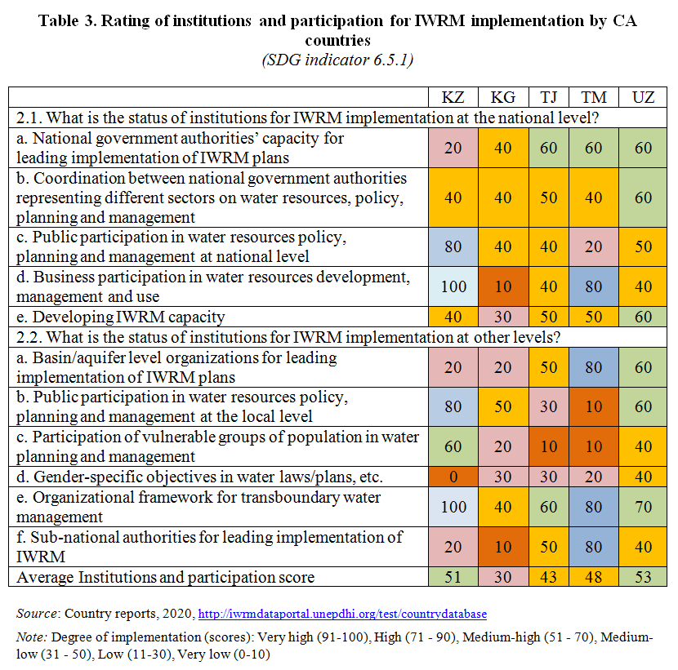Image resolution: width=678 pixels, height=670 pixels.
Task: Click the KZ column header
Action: pos(453,97)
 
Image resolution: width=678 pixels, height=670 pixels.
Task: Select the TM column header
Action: pos(594,97)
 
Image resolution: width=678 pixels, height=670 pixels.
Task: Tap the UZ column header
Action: pos(643,97)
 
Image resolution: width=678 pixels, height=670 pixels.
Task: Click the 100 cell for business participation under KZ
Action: pos(453,286)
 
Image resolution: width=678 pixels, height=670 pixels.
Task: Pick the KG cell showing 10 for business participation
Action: pos(502,286)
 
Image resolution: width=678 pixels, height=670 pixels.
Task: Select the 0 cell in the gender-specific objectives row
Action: pos(453,477)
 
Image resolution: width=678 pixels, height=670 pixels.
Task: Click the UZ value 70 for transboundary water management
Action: pos(643,507)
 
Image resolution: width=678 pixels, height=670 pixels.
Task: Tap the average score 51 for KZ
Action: pos(453,577)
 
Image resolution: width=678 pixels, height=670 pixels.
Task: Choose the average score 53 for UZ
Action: pos(643,577)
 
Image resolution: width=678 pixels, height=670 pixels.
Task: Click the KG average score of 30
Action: pos(502,577)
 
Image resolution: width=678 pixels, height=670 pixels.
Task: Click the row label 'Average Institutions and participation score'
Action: pos(166,577)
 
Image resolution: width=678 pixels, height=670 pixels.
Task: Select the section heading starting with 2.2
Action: pos(302,337)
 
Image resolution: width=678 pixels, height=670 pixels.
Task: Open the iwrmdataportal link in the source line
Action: pos(343,613)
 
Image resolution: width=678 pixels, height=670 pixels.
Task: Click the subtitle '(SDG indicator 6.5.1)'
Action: pos(337,60)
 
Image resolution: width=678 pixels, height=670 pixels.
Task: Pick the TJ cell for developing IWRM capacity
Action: pos(548,317)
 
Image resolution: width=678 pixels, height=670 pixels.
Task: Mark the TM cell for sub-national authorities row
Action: pos(594,547)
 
